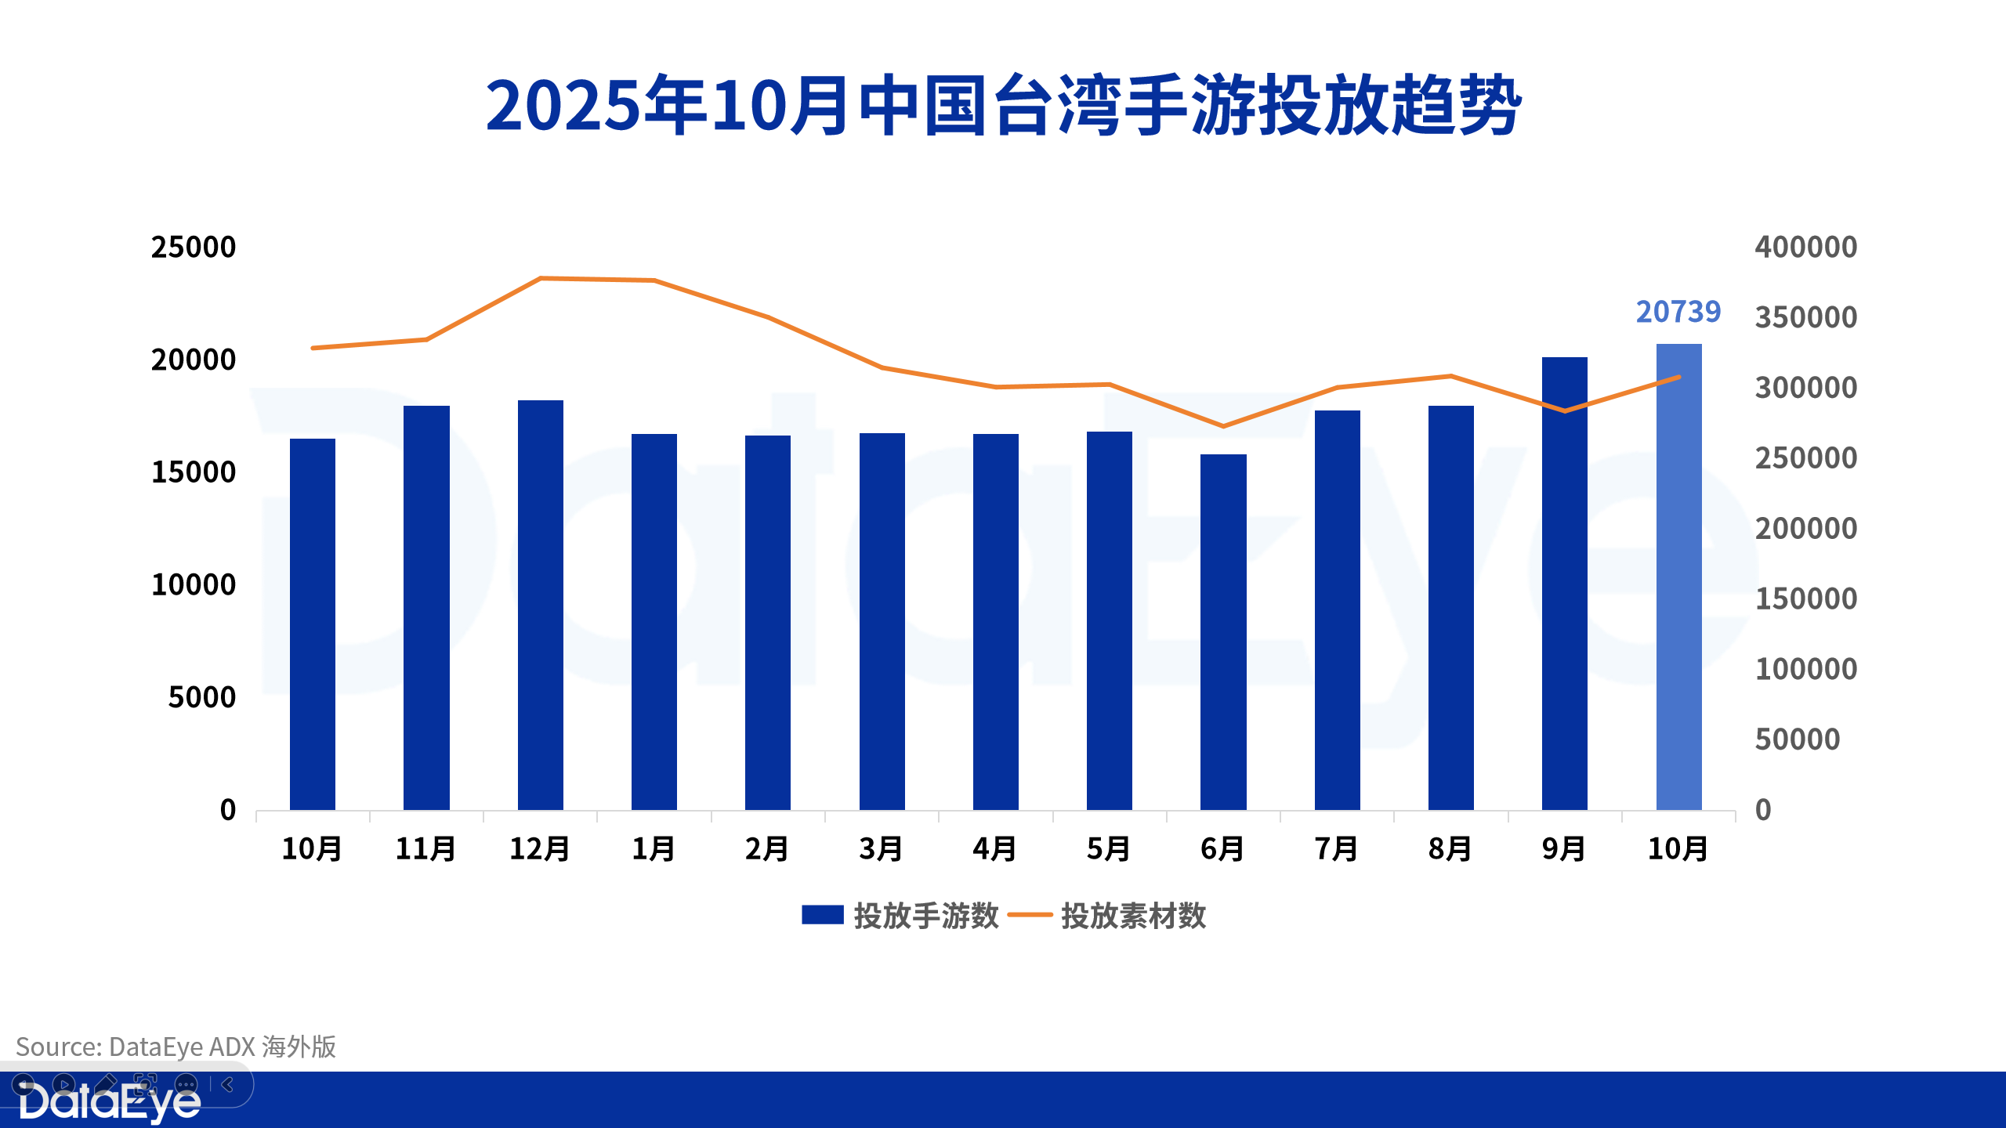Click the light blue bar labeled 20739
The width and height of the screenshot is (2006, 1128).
tap(1678, 577)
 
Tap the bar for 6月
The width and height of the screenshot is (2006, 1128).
tap(1223, 631)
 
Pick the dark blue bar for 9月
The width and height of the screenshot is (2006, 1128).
tap(1564, 584)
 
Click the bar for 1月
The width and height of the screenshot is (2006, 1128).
tap(654, 621)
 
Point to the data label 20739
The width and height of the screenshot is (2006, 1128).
tap(1678, 312)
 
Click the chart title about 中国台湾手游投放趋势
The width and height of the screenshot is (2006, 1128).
tap(1003, 106)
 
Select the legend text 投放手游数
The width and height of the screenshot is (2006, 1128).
tap(925, 916)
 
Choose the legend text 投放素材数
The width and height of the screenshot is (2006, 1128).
tap(1133, 916)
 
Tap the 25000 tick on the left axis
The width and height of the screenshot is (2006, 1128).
tap(193, 248)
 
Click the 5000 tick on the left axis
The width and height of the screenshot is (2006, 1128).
tap(201, 697)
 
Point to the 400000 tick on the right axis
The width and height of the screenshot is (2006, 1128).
tap(1805, 248)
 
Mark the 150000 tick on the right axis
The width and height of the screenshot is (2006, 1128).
tap(1805, 599)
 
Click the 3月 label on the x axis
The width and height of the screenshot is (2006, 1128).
tap(882, 849)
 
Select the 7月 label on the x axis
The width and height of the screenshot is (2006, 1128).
tap(1337, 849)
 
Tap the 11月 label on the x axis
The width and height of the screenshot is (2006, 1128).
tap(425, 849)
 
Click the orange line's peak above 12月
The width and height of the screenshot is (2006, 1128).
tap(541, 278)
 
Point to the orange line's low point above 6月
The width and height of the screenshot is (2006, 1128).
tap(1223, 426)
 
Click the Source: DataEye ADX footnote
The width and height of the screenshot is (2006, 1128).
tap(176, 1047)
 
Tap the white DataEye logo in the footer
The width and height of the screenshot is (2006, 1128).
tap(110, 1103)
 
